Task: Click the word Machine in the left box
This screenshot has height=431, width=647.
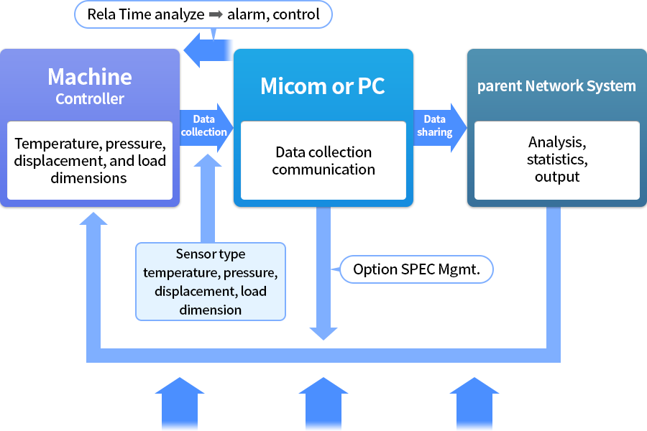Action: point(90,77)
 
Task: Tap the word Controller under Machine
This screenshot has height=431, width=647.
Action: point(90,98)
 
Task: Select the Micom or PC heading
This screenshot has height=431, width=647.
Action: point(323,86)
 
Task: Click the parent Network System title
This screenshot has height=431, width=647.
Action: point(556,86)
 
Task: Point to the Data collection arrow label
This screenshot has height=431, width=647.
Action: point(204,126)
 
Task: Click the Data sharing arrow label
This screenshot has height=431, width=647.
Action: point(434,126)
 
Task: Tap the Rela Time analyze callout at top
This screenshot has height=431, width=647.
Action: point(203,14)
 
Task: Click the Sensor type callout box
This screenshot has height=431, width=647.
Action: point(211,282)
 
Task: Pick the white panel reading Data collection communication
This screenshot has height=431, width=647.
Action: point(323,161)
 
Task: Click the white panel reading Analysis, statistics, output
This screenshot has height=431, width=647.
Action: point(557,160)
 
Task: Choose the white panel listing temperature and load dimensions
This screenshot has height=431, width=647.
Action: point(90,160)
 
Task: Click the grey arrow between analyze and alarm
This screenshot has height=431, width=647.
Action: point(216,14)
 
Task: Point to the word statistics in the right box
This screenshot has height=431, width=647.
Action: point(557,159)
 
